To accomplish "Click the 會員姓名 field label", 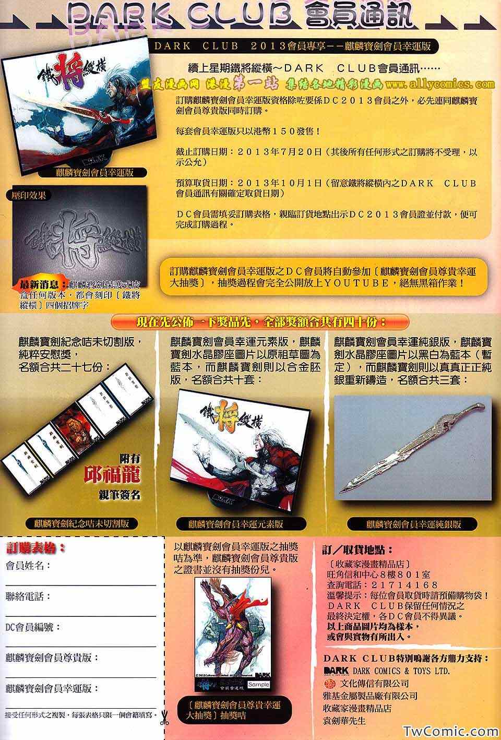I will point(28,566).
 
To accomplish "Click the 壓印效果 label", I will point(32,196).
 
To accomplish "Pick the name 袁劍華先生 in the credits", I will point(344,721).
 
